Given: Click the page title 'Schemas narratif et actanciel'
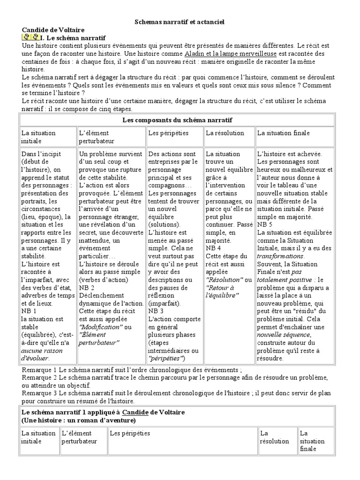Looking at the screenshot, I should click(x=176, y=22).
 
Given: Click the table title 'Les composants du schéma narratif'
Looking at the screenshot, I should click(x=177, y=120).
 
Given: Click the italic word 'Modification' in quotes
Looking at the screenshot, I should click(x=101, y=327).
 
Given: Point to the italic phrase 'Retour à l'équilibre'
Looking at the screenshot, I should click(x=222, y=291).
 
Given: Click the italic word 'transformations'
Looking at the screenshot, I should click(x=281, y=256).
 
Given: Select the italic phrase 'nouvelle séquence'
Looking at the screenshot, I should click(x=284, y=335).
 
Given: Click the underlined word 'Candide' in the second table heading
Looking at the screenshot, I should click(x=133, y=412).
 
